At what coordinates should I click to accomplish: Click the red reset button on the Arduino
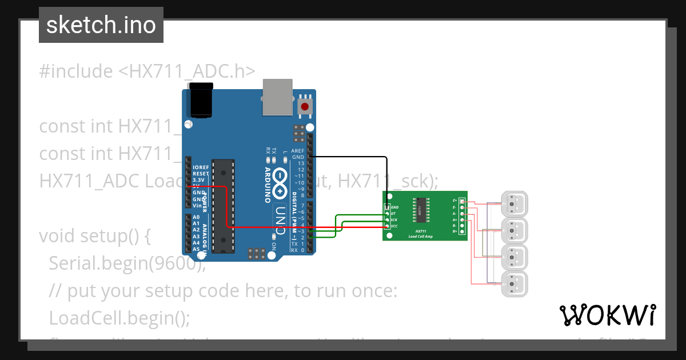pos(305,106)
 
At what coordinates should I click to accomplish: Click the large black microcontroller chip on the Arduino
pos(223,206)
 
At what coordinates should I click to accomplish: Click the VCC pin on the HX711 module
pos(388,226)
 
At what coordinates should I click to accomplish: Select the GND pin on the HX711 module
pos(388,207)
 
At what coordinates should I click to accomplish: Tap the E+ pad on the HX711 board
pos(461,201)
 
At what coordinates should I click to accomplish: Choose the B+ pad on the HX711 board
pos(461,231)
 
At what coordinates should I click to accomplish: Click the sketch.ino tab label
pos(101,25)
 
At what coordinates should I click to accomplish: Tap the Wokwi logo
pos(607,315)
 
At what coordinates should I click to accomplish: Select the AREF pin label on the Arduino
pos(298,151)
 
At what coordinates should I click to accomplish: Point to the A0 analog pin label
pos(196,218)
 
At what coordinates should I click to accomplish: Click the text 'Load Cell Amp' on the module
pos(420,236)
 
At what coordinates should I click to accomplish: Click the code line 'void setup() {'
pos(94,236)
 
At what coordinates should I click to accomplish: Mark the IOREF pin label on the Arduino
pos(201,167)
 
